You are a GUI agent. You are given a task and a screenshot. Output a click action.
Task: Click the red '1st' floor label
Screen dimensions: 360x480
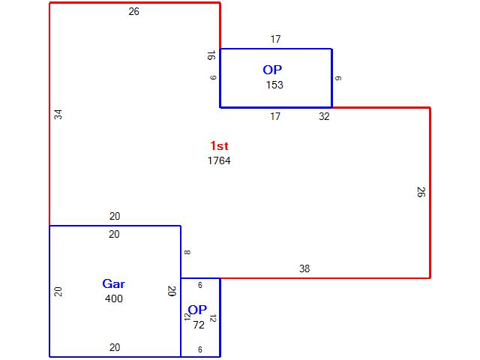pos(219,146)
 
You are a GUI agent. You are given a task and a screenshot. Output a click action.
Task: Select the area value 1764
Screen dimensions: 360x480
pos(219,160)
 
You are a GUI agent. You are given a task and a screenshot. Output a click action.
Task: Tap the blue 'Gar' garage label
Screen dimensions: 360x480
pos(114,283)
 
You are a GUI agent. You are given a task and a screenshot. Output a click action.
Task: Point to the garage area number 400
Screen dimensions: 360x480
pos(114,298)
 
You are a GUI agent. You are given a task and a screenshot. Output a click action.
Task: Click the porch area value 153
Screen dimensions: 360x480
pos(274,85)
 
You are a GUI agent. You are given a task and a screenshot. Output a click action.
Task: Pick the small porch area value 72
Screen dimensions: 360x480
pos(199,325)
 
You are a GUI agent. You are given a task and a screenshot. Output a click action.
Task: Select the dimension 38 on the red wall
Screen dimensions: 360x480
pos(304,268)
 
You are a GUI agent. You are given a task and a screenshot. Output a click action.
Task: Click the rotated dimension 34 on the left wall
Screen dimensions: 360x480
pos(58,115)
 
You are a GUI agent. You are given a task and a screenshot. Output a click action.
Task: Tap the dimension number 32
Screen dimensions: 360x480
pos(324,116)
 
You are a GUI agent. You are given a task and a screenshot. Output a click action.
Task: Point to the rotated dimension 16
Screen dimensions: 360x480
pos(211,55)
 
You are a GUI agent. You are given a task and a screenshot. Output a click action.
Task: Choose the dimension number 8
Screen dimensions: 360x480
pos(187,252)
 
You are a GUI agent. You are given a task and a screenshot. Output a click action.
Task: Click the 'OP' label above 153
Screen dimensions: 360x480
pos(273,70)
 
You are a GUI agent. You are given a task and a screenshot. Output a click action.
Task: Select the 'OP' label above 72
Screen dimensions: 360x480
pos(197,310)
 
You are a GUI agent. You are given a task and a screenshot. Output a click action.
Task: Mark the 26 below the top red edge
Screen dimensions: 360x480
pos(134,12)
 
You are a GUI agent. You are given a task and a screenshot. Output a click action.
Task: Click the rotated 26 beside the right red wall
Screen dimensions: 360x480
pos(421,191)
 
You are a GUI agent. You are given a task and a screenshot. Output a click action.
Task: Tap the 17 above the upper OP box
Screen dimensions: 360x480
pos(275,39)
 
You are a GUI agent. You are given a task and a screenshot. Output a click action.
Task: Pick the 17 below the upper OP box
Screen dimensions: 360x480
pos(275,116)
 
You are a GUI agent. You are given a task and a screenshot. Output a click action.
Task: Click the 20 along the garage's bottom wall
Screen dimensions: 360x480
pos(114,347)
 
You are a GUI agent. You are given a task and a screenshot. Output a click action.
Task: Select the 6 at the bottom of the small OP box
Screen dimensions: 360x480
pos(200,349)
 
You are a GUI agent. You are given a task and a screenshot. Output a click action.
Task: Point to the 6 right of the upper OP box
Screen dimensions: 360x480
pos(339,78)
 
